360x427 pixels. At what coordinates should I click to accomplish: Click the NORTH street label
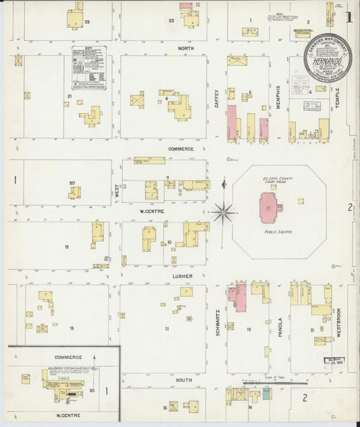(x=186, y=49)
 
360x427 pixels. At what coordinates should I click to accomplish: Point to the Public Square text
(x=277, y=230)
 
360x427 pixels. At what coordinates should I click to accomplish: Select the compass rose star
(x=223, y=212)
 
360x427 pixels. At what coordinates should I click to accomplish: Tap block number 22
(x=87, y=22)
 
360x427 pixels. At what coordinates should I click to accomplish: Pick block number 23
(x=172, y=21)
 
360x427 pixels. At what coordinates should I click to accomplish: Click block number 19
(x=66, y=247)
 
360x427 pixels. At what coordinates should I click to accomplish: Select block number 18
(x=71, y=328)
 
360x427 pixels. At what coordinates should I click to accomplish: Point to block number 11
(x=166, y=329)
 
